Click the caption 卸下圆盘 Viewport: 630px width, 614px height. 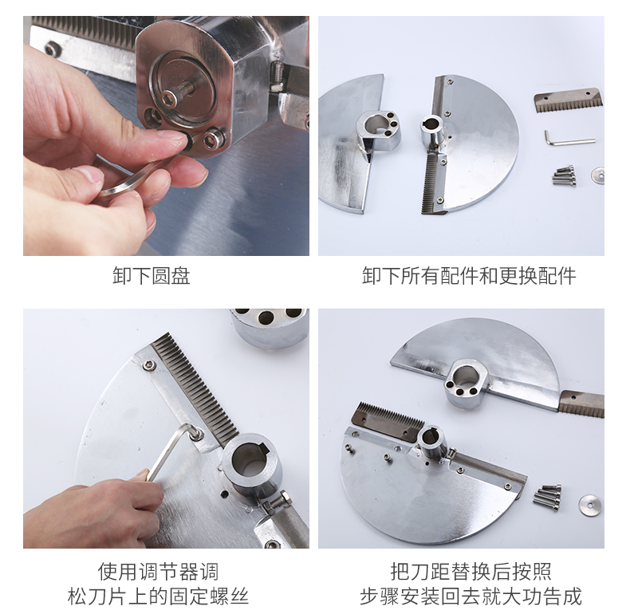coord(151,276)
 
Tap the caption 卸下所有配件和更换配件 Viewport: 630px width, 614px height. coord(469,276)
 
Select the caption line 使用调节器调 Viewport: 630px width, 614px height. coord(159,572)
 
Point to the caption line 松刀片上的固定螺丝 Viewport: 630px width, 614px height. coord(159,596)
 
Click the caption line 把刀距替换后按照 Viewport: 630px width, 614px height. coord(471,572)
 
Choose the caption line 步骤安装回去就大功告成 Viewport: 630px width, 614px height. coord(471,596)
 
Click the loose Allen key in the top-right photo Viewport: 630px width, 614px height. coord(569,139)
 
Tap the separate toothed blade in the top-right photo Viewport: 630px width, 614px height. coord(569,100)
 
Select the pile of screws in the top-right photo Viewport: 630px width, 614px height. coord(564,175)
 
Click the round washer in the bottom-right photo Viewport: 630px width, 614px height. coord(590,505)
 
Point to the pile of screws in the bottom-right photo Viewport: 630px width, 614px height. coord(547,498)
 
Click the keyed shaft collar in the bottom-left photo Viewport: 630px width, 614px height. coord(251,463)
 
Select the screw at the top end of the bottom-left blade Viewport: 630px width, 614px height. coord(149,365)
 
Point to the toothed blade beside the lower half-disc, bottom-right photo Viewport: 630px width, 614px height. coord(388,423)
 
